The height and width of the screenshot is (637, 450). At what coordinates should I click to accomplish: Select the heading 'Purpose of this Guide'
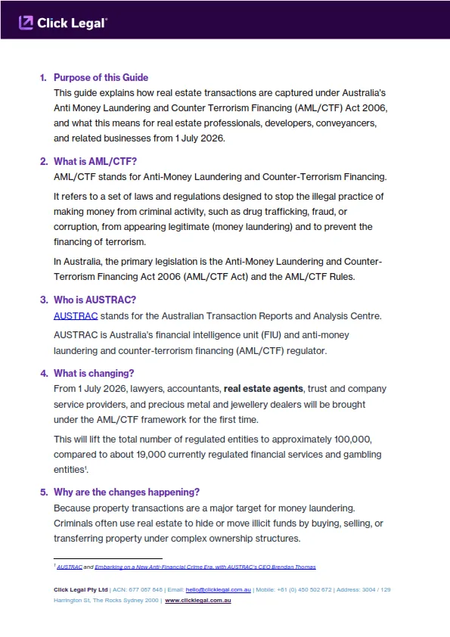coord(101,77)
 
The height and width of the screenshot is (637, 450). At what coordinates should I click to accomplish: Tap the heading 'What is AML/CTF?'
coord(95,161)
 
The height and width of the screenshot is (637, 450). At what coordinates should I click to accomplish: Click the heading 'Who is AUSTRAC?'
coord(95,300)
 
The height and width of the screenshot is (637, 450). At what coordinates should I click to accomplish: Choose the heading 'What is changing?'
coord(94,373)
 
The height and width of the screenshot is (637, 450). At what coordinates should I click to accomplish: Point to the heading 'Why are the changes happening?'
coord(126,492)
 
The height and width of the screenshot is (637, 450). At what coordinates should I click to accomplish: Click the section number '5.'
coord(44,492)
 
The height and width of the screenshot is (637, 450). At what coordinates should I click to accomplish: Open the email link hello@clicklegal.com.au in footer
coord(218,589)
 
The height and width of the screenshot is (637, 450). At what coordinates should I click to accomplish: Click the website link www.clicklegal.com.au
coord(198,600)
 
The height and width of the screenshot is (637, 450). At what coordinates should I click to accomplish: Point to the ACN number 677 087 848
coord(146,589)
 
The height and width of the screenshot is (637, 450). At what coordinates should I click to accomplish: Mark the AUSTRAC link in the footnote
coord(70,567)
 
